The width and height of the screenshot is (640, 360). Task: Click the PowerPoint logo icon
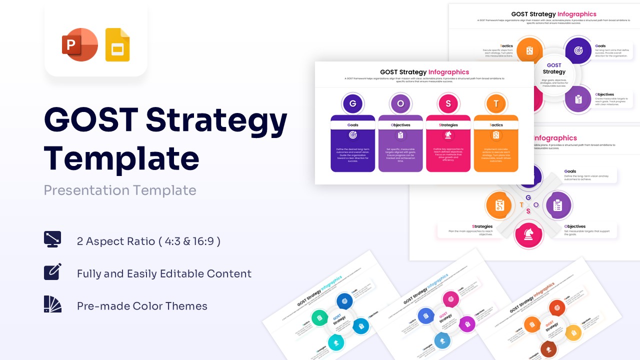(x=79, y=45)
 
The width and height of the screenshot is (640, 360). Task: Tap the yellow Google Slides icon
(x=117, y=45)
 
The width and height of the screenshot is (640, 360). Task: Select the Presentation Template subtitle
(x=120, y=190)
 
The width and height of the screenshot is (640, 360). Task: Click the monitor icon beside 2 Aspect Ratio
(x=52, y=239)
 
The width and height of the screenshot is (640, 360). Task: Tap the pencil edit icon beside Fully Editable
(x=52, y=271)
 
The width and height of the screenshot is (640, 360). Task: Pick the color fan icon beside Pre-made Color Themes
(x=52, y=304)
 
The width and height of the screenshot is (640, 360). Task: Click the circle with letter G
(x=352, y=104)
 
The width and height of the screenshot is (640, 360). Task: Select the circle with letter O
(x=400, y=104)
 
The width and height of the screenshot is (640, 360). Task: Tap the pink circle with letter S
(x=448, y=104)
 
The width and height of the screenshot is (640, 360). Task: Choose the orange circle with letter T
(x=496, y=104)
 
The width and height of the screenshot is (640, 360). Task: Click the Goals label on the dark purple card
(x=352, y=125)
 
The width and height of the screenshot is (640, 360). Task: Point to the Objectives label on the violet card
(x=400, y=125)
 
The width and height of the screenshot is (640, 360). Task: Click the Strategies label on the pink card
(x=448, y=125)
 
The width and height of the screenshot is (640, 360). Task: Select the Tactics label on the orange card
(x=496, y=125)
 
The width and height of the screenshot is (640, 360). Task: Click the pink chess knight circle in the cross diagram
(x=529, y=234)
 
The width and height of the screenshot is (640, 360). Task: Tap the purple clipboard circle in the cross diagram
(x=558, y=205)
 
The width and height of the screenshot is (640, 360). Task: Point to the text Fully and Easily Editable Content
(x=164, y=274)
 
